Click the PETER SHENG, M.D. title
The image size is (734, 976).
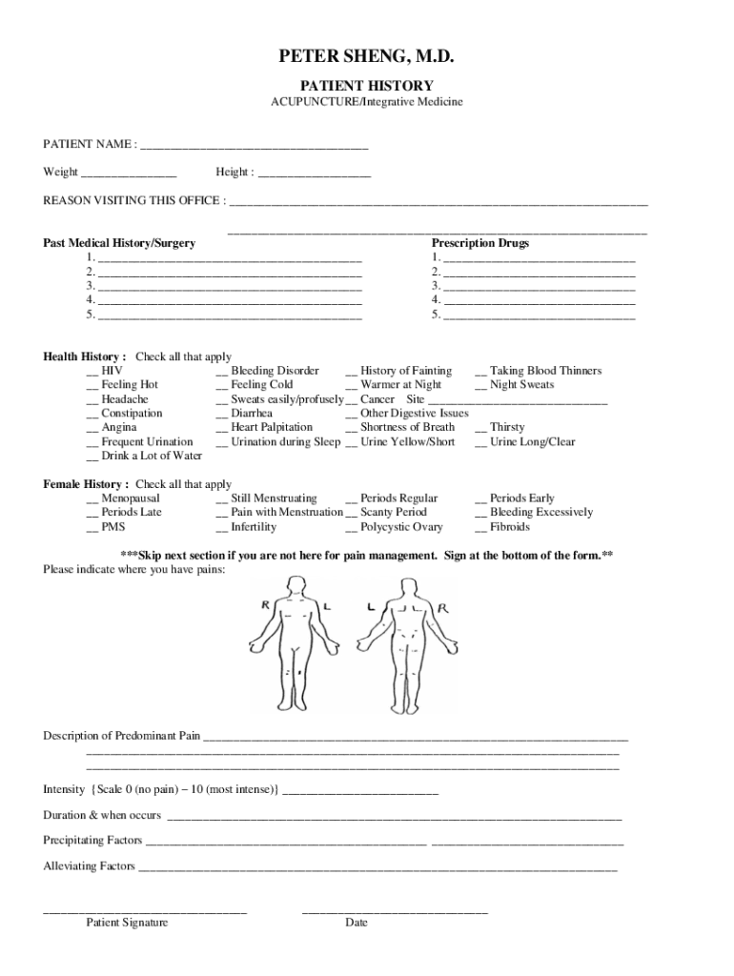367,60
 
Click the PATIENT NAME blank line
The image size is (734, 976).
254,146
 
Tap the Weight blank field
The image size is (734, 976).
129,173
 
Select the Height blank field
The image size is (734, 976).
314,173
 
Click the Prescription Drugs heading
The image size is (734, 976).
480,243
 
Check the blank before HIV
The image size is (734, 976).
92,372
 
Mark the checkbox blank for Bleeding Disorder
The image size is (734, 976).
221,372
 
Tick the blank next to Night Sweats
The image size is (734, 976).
480,386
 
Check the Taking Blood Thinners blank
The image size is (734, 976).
480,372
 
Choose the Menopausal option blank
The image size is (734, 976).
92,499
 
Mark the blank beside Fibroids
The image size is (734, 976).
480,528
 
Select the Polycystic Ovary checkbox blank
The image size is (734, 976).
351,528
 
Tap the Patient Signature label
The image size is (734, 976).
127,923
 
